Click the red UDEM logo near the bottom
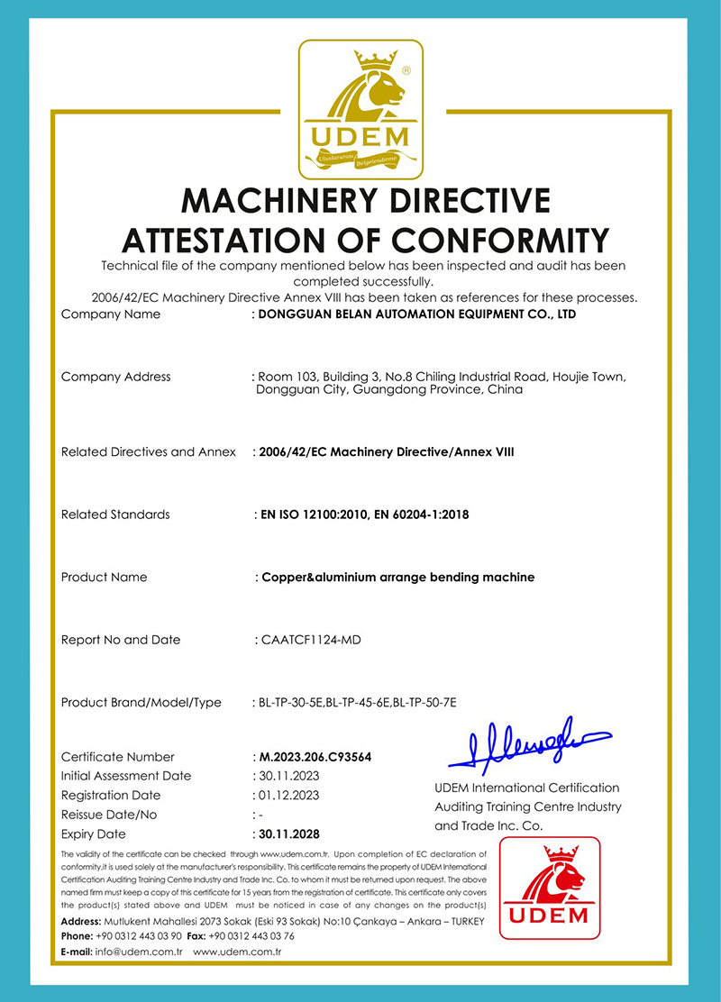click(550, 888)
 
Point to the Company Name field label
click(111, 314)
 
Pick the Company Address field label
click(115, 377)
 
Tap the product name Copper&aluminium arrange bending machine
click(397, 577)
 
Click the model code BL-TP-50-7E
click(424, 703)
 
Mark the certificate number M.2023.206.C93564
click(315, 757)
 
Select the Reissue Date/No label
click(109, 815)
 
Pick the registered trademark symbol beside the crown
click(406, 69)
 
